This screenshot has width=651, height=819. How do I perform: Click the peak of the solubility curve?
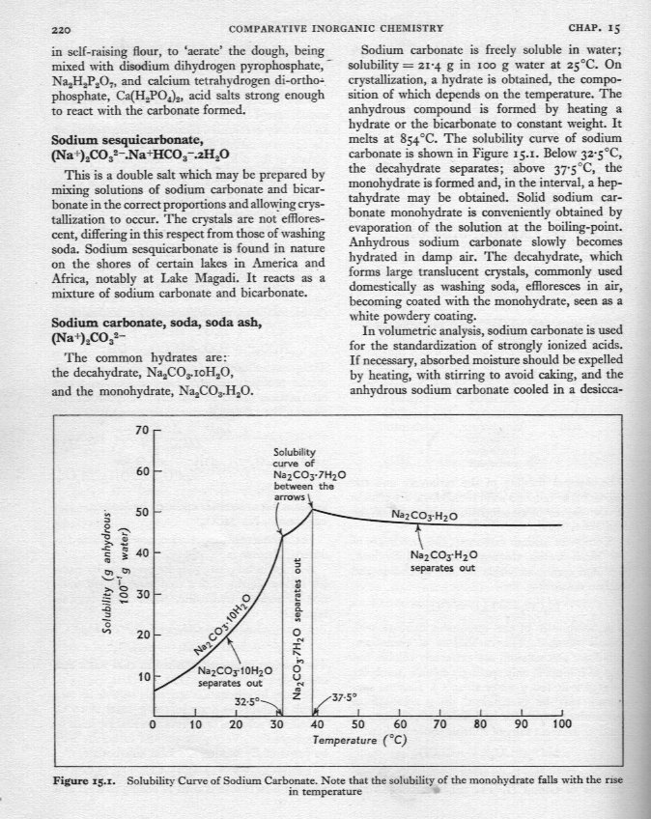(x=311, y=508)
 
